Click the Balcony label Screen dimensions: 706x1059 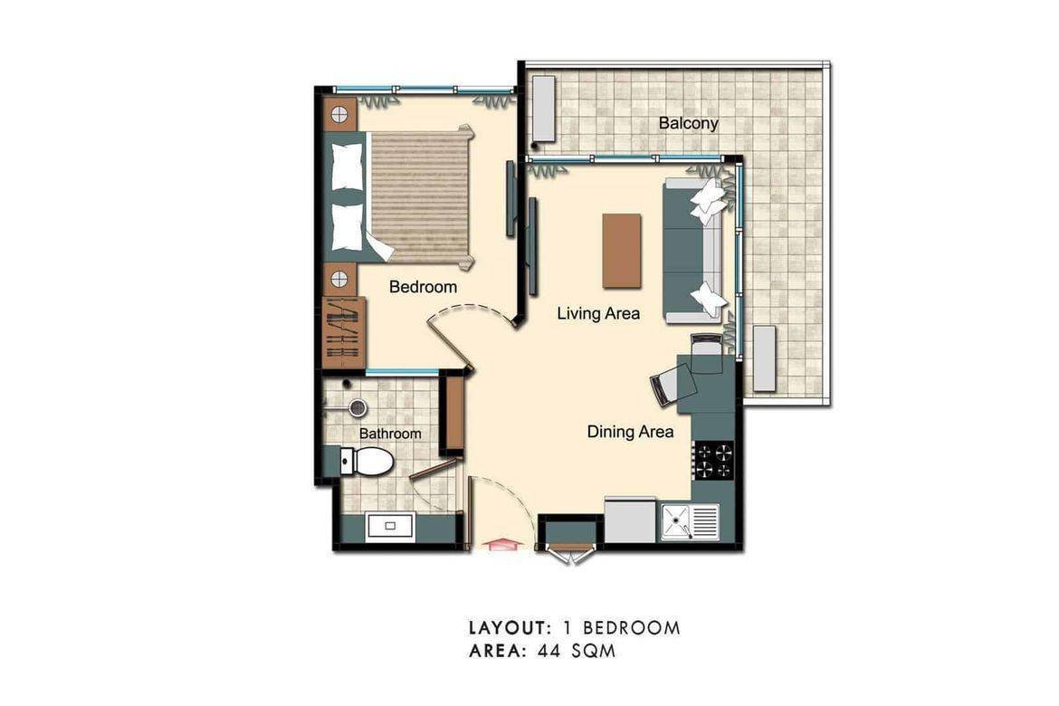pyautogui.click(x=688, y=123)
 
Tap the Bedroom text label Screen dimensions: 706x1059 pyautogui.click(x=423, y=287)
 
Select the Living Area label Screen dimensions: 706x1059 pyautogui.click(x=598, y=314)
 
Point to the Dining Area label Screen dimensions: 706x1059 pyautogui.click(x=630, y=432)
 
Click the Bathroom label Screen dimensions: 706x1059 pyautogui.click(x=390, y=434)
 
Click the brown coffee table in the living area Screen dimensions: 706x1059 pyautogui.click(x=622, y=251)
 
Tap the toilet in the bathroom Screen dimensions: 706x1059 pyautogui.click(x=367, y=462)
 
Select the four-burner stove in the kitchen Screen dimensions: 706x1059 pyautogui.click(x=712, y=461)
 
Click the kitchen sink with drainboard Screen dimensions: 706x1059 pyautogui.click(x=690, y=521)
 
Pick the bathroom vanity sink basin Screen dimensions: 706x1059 pyautogui.click(x=390, y=525)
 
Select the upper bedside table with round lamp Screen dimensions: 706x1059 pyautogui.click(x=339, y=114)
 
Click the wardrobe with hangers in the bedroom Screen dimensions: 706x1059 pyautogui.click(x=343, y=331)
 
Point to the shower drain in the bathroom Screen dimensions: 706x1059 pyautogui.click(x=358, y=408)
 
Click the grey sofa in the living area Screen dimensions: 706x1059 pyautogui.click(x=693, y=251)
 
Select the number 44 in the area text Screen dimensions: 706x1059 pyautogui.click(x=548, y=651)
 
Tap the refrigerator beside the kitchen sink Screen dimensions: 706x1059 pyautogui.click(x=630, y=521)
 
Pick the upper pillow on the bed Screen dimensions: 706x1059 pyautogui.click(x=347, y=168)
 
